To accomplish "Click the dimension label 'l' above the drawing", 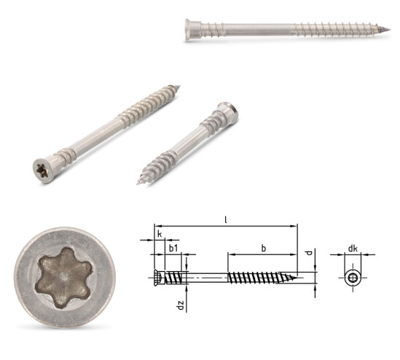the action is click(x=226, y=219).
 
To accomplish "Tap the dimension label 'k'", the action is click(x=160, y=234).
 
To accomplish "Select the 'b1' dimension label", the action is click(x=173, y=249).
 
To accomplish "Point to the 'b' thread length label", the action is click(x=264, y=249).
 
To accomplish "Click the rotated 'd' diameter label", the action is click(x=309, y=253).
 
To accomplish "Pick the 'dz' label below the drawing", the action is click(x=181, y=305).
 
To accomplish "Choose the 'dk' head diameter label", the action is click(x=353, y=249).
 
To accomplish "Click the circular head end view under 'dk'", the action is click(x=353, y=278).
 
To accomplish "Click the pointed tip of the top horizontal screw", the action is click(x=390, y=29).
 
